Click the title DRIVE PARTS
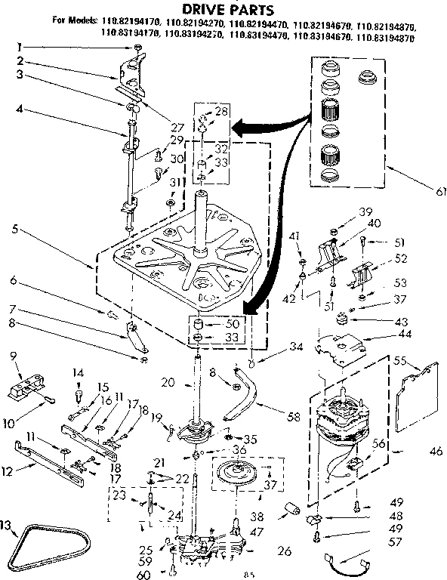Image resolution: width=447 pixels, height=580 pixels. tap(224, 8)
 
